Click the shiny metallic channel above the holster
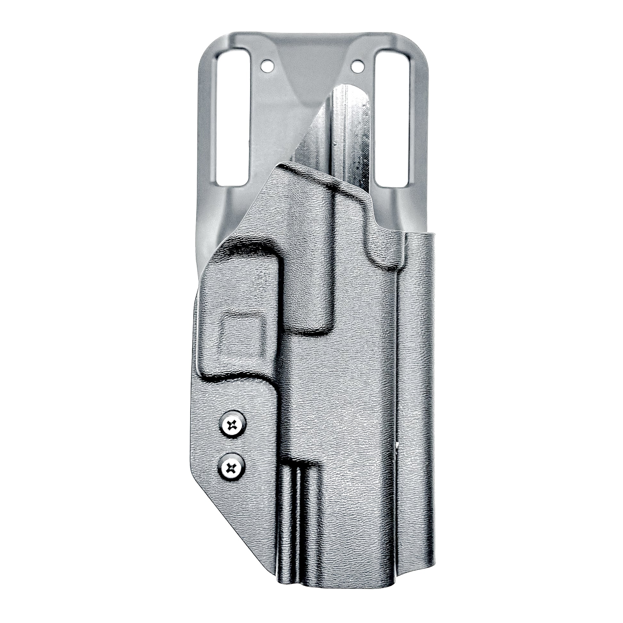[348, 129]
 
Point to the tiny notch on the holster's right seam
[397, 445]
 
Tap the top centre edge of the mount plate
[311, 32]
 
